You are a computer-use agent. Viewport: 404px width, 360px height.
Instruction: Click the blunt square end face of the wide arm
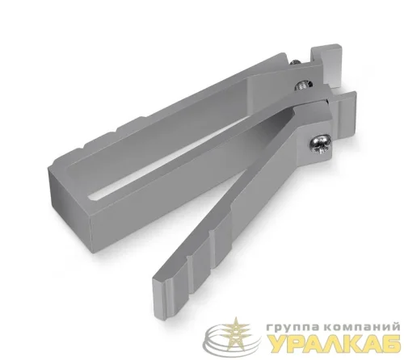coord(70,204)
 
